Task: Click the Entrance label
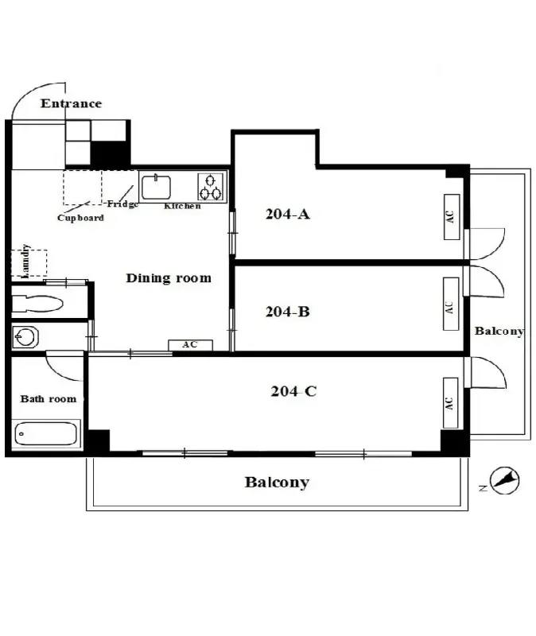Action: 71,103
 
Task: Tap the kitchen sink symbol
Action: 156,187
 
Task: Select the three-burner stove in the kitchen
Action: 211,187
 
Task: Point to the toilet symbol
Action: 37,304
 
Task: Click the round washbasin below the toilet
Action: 25,336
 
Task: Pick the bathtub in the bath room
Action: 46,433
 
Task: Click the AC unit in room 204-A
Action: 452,216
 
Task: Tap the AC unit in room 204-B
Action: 451,304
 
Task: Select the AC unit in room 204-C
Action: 450,403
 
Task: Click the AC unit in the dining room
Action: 190,345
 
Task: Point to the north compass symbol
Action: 504,481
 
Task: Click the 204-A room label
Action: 288,214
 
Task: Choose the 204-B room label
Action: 288,312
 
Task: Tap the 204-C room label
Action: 293,391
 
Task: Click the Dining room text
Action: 169,277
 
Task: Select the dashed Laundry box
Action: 29,263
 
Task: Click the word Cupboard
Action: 80,218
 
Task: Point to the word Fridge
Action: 122,204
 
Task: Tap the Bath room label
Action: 49,399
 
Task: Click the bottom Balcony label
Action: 277,483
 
